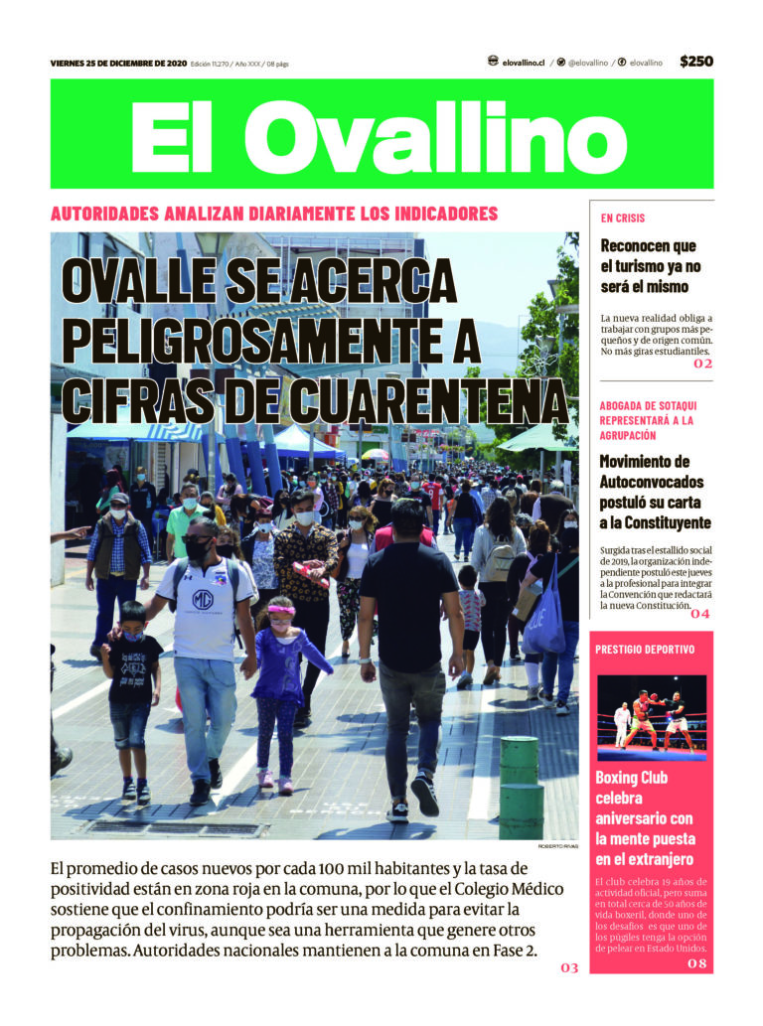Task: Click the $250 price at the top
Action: [696, 62]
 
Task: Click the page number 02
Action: [702, 364]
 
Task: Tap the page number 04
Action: [700, 614]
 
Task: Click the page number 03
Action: [569, 966]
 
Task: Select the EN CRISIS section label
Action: [623, 218]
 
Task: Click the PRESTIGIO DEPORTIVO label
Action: [645, 649]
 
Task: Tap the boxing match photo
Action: [652, 717]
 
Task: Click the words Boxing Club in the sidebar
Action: [632, 779]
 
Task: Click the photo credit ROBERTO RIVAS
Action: [557, 845]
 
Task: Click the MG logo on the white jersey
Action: [203, 600]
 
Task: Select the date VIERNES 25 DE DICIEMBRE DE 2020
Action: [117, 64]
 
